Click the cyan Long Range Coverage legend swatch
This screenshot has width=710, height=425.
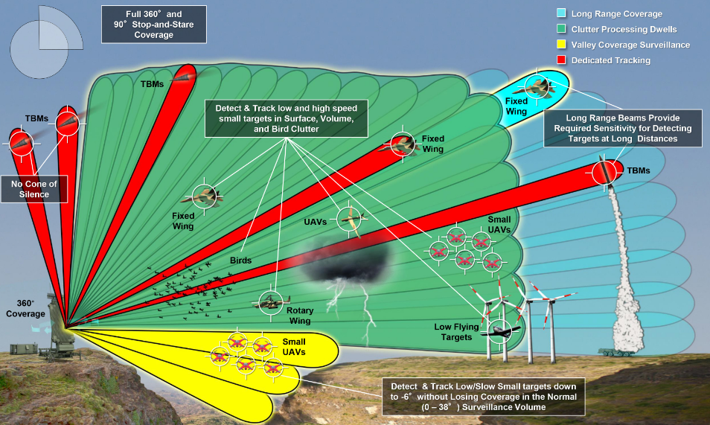pos(562,14)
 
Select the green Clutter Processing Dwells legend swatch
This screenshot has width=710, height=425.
pos(562,30)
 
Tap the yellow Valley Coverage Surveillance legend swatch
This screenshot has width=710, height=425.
pos(562,45)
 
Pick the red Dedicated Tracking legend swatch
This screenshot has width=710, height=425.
pos(562,60)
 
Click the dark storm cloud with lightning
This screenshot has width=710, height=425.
pos(346,264)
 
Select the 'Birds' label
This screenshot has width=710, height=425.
pos(240,261)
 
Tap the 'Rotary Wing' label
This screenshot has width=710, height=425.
pos(299,316)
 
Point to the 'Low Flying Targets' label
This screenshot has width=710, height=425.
pos(453,332)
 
